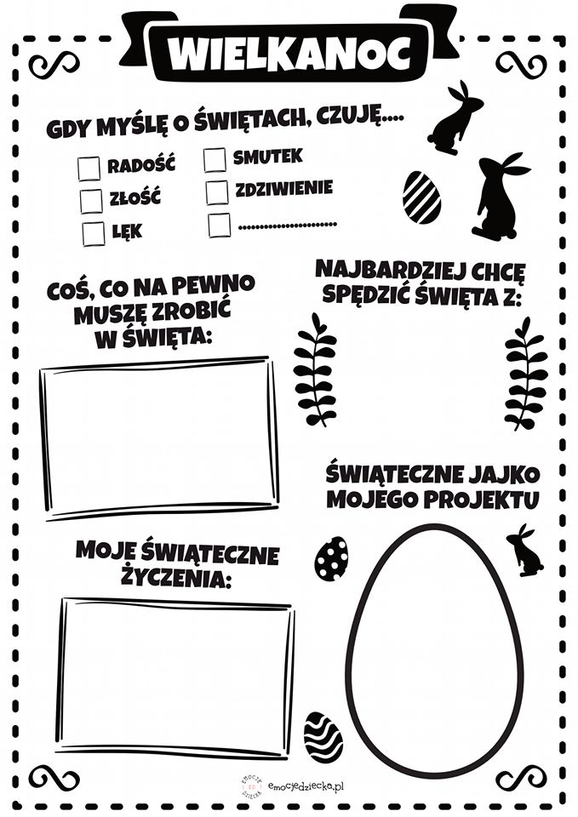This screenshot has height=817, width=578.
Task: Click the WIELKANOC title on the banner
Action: click(x=289, y=53)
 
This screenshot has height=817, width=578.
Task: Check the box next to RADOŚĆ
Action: click(x=89, y=169)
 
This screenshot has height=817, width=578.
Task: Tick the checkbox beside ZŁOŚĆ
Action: click(x=90, y=201)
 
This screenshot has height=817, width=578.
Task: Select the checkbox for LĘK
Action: click(x=93, y=232)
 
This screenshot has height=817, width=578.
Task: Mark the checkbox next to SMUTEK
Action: click(x=215, y=159)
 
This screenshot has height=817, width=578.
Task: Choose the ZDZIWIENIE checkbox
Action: click(x=217, y=191)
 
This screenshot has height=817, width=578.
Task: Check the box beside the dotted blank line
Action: click(x=219, y=225)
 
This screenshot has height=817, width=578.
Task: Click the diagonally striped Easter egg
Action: click(x=421, y=197)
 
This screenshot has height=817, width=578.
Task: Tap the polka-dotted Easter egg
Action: click(x=331, y=558)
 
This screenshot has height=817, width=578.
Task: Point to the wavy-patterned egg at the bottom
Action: click(x=323, y=738)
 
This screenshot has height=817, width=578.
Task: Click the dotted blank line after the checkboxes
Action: click(x=287, y=225)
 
